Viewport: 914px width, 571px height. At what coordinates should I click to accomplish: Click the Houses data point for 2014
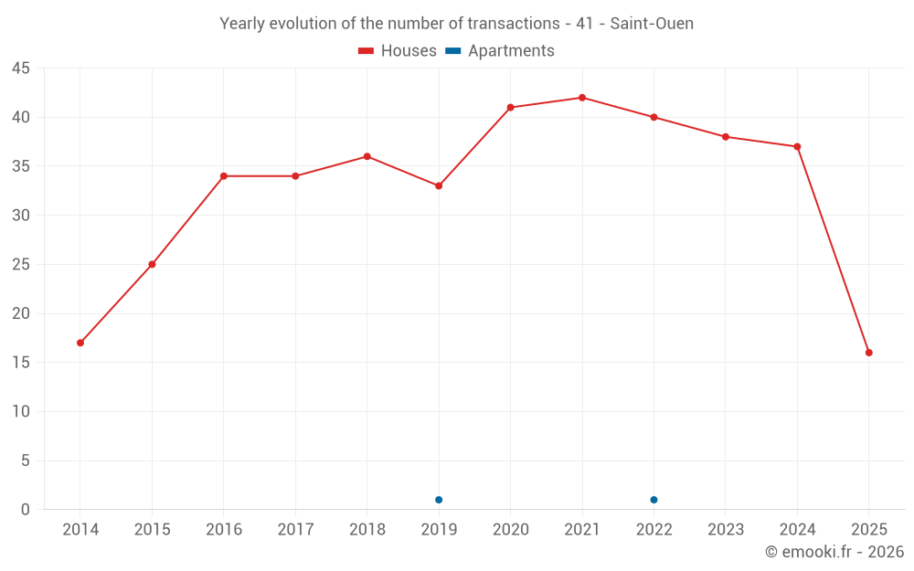(x=80, y=343)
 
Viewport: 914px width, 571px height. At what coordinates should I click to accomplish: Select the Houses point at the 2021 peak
(x=582, y=98)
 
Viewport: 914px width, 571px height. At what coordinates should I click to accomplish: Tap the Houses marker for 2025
(x=868, y=353)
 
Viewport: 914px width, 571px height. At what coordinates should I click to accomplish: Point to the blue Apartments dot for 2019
(x=439, y=500)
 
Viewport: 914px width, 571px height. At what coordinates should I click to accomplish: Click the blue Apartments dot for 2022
(x=654, y=500)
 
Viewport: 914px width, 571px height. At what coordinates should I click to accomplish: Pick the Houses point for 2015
(x=152, y=264)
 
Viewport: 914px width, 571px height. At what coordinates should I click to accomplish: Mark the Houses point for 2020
(x=510, y=108)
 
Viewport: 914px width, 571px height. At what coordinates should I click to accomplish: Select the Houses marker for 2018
(x=367, y=156)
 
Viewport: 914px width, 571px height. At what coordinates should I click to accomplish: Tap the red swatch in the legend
(x=367, y=51)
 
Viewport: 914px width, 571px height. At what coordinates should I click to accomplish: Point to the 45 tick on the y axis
(x=21, y=69)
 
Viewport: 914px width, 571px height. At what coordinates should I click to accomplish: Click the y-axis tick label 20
(x=21, y=313)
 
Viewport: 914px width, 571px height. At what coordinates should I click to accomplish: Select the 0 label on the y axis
(x=26, y=510)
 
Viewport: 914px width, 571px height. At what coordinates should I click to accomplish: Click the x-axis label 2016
(x=223, y=530)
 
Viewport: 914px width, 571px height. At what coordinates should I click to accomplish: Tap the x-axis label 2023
(x=726, y=530)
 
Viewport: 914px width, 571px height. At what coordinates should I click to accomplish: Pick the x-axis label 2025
(x=868, y=530)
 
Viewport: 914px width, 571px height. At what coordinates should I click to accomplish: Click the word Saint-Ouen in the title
(x=652, y=24)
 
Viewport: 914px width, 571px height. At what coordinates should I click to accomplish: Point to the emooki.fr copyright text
(x=834, y=552)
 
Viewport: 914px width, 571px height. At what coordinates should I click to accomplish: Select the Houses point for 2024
(x=797, y=146)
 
